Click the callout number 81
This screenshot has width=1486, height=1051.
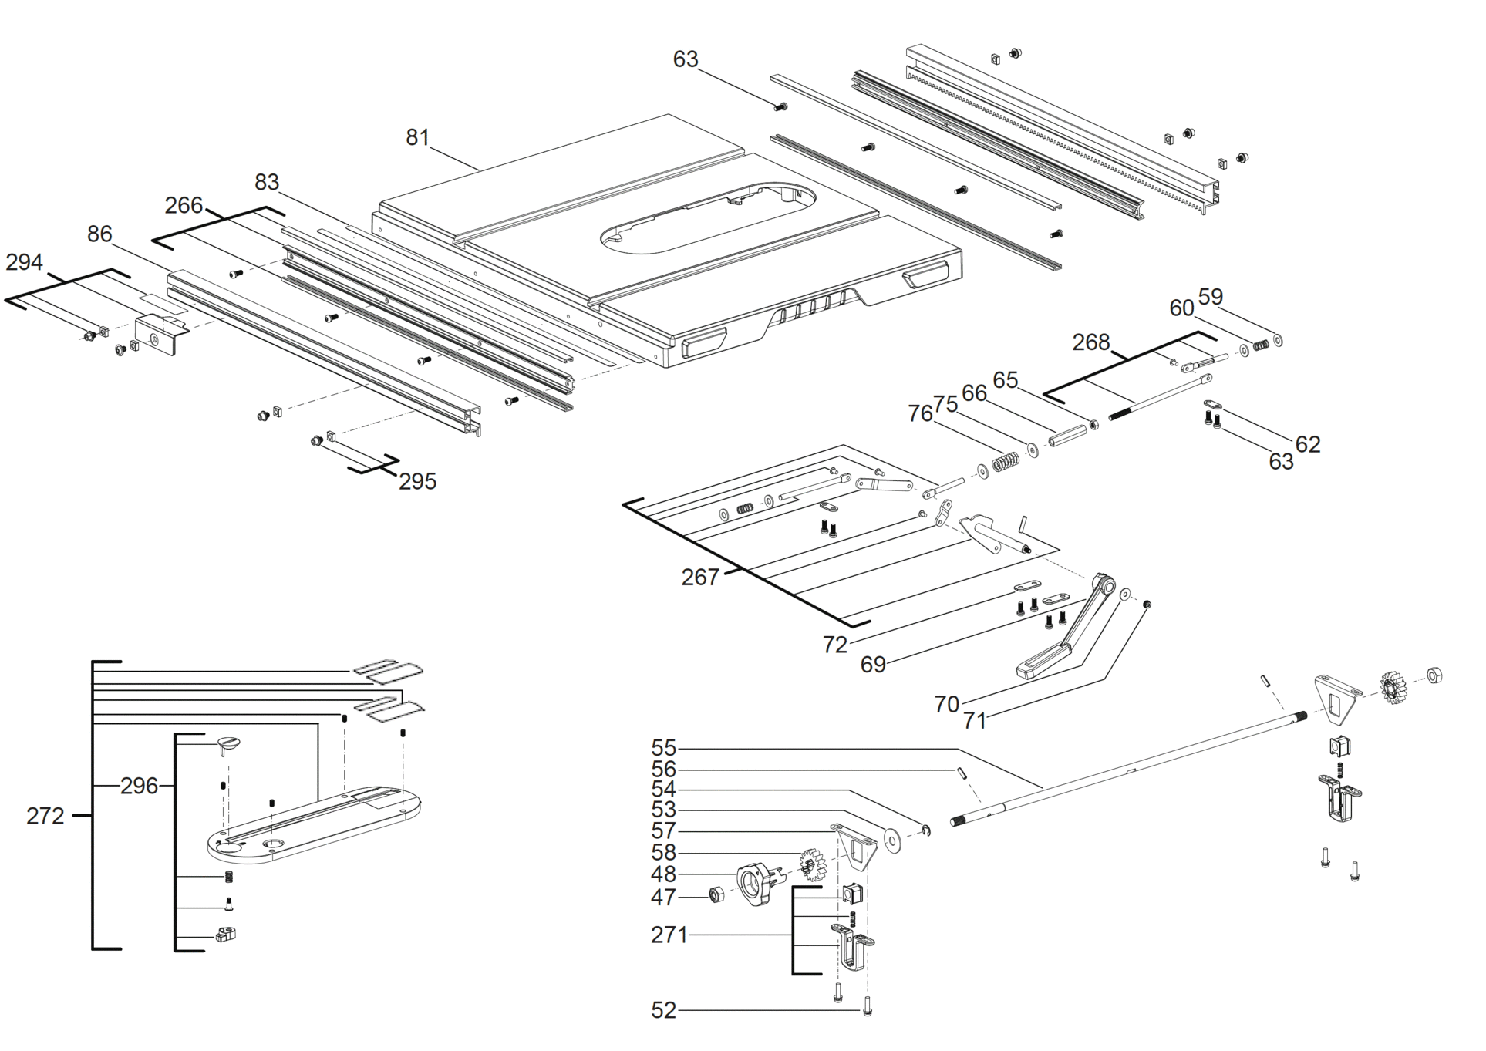click(417, 137)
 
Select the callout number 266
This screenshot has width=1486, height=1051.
click(184, 205)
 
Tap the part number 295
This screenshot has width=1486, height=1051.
click(418, 482)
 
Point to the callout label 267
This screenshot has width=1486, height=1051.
click(700, 577)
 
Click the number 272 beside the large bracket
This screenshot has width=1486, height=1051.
click(45, 816)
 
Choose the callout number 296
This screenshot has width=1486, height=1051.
click(140, 786)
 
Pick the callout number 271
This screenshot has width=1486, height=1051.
click(669, 935)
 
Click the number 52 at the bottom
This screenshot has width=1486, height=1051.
click(664, 1010)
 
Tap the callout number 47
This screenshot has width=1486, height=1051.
click(664, 898)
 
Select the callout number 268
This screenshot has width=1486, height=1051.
click(1091, 342)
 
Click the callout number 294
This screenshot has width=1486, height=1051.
click(24, 263)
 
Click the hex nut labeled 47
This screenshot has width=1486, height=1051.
click(716, 895)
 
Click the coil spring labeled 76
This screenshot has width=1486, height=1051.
click(1006, 462)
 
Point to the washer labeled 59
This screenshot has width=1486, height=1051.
click(1278, 339)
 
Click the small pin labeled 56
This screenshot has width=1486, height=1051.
click(962, 773)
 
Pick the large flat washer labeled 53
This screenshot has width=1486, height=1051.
click(895, 839)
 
